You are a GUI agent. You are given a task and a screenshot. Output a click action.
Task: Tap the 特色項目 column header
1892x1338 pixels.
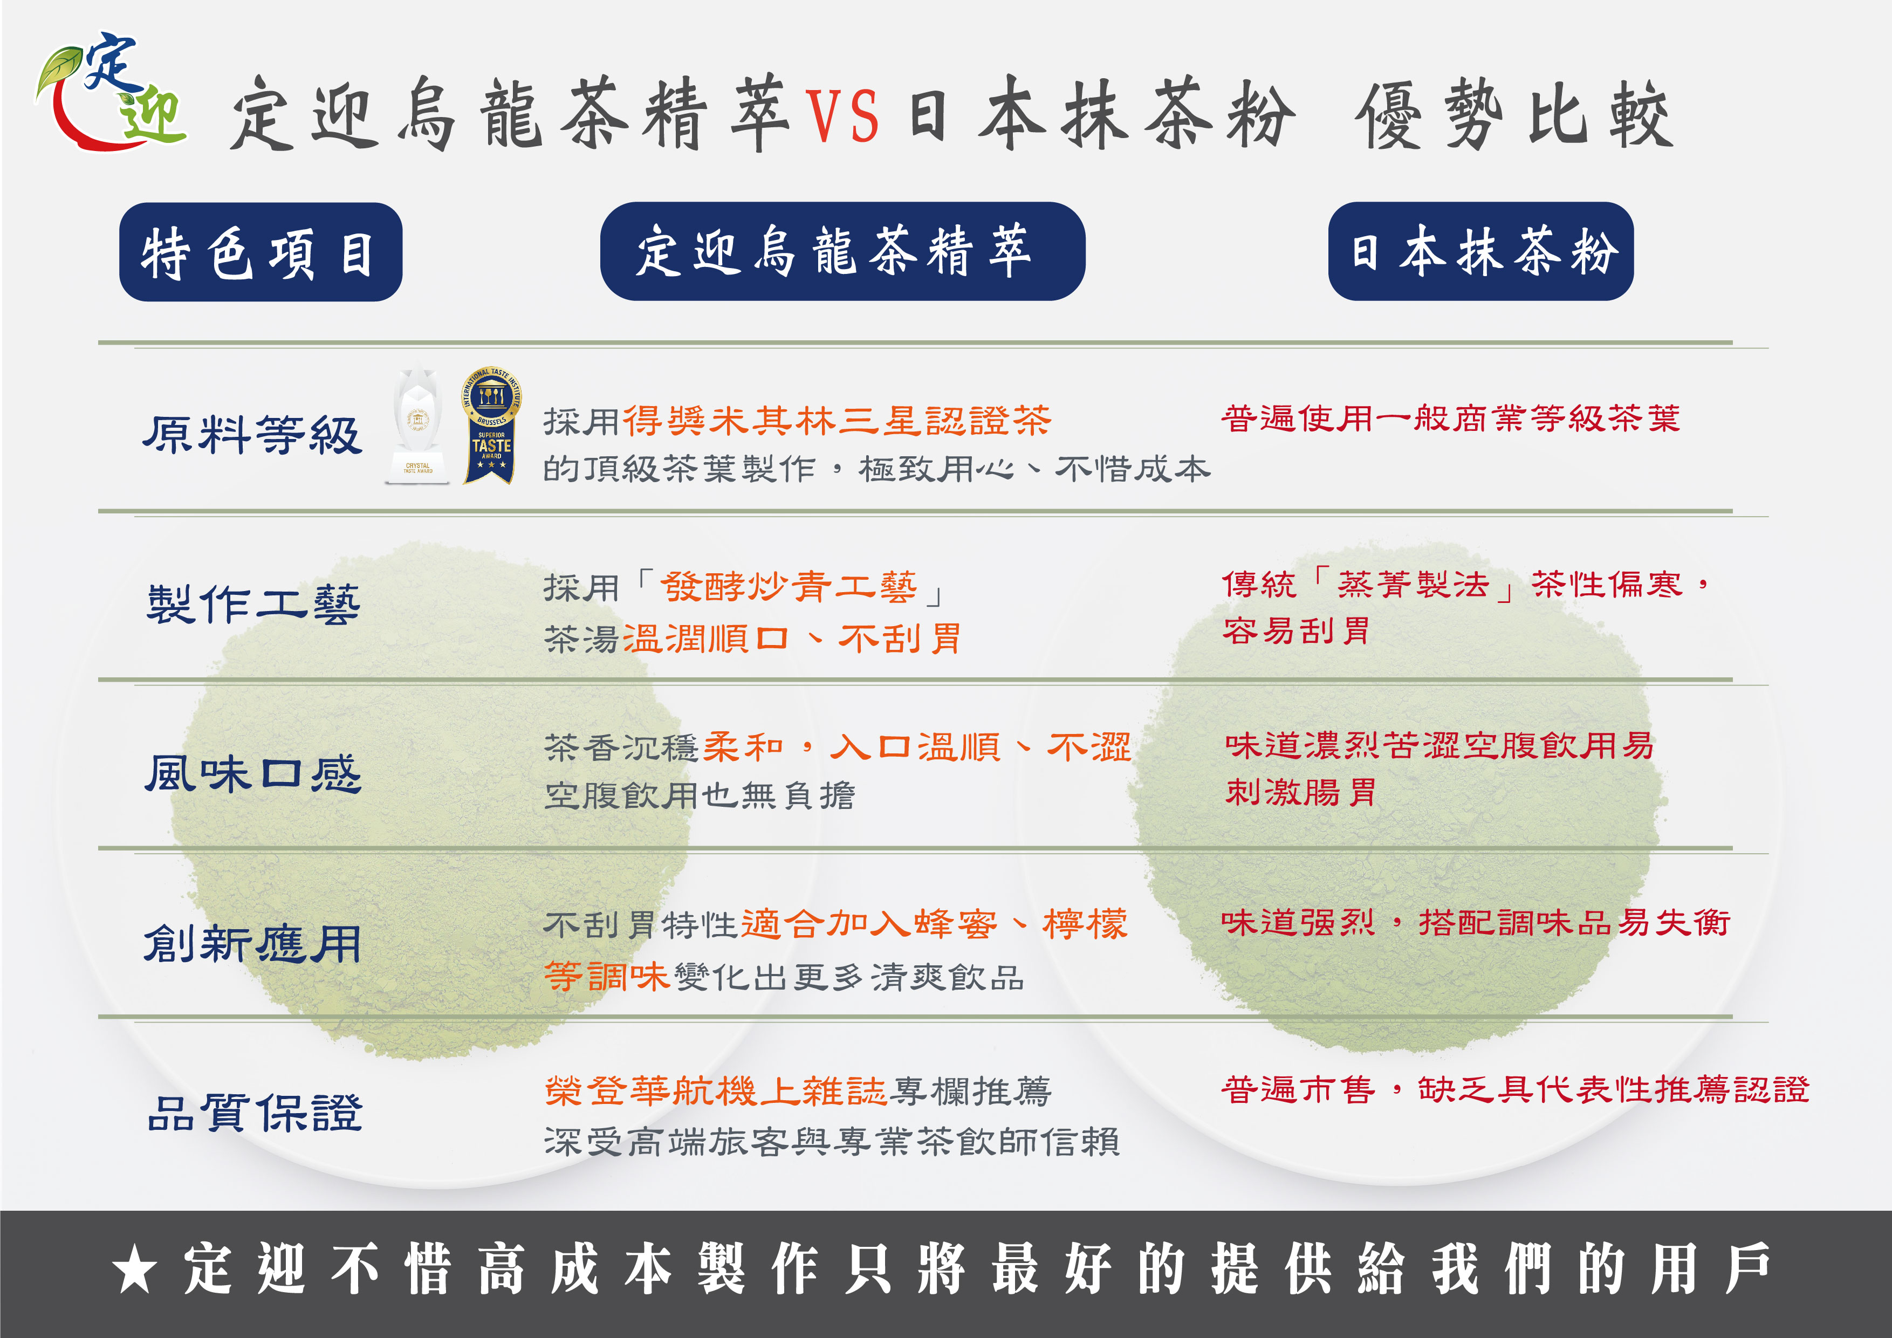click(x=261, y=252)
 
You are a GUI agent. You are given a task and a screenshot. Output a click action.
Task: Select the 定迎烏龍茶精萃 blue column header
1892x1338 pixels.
click(x=841, y=251)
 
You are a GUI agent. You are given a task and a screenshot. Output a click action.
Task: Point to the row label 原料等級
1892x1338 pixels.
click(x=252, y=434)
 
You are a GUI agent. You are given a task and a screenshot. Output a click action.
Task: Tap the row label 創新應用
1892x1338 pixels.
click(x=252, y=943)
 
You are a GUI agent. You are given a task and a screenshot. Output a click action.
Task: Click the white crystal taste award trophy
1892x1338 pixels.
click(x=418, y=424)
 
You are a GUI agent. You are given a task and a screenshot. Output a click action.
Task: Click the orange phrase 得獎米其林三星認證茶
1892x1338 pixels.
click(x=837, y=420)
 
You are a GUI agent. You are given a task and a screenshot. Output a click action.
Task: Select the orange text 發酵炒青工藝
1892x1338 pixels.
click(x=789, y=587)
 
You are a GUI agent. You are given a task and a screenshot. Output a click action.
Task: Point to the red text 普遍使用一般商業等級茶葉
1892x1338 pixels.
click(x=1450, y=418)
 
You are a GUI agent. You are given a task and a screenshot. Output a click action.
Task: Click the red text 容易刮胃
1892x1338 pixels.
click(x=1295, y=631)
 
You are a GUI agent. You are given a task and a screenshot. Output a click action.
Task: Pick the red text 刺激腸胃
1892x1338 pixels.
click(x=1300, y=793)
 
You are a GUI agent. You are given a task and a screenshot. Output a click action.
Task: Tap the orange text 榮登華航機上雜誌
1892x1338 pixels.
click(x=715, y=1091)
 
